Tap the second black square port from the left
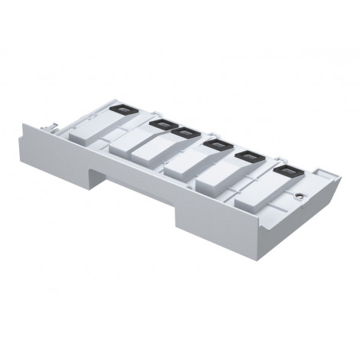point(161,123)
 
